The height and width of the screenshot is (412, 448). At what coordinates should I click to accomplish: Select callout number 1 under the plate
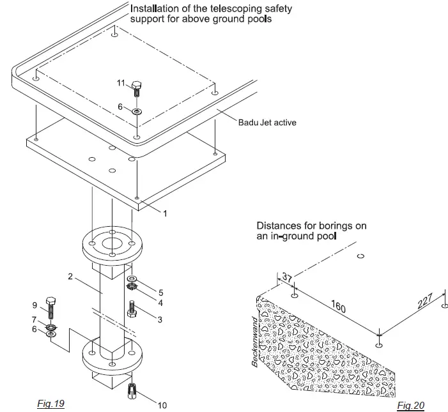tap(165, 213)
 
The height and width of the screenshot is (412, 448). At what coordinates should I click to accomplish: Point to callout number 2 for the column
tap(70, 276)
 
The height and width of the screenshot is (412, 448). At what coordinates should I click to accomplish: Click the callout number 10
tap(162, 405)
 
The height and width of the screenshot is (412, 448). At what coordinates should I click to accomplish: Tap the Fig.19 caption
tap(51, 403)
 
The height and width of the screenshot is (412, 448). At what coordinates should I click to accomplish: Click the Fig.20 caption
tap(410, 405)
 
